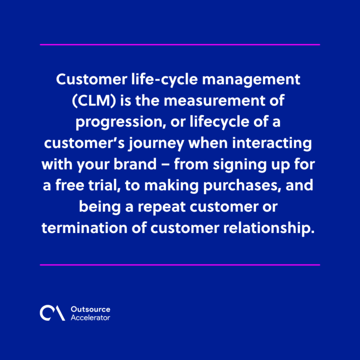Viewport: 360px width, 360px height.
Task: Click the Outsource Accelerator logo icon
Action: click(x=52, y=313)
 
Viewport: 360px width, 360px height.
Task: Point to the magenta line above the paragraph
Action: click(x=180, y=45)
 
